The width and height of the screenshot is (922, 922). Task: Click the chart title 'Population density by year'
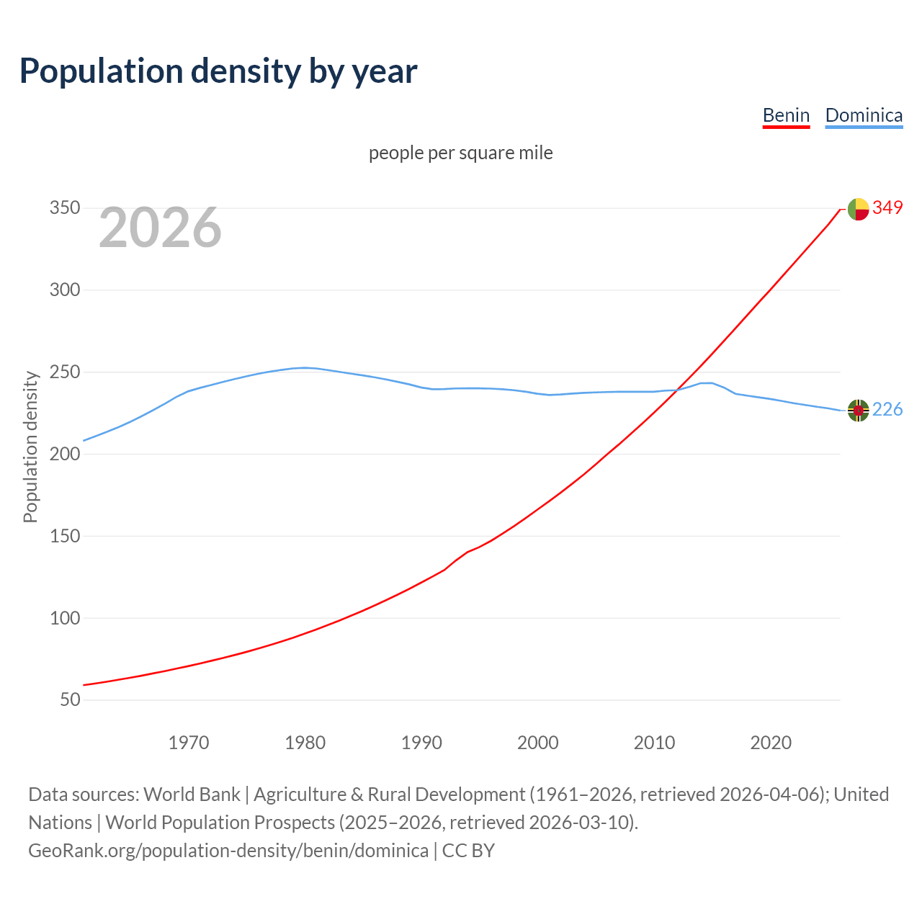tap(218, 71)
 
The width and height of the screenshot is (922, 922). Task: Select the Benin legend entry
tap(786, 115)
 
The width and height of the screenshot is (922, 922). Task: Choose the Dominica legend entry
tap(864, 115)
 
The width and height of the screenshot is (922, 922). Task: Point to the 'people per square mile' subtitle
tap(461, 153)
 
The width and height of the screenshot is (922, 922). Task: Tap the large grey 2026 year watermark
tap(160, 228)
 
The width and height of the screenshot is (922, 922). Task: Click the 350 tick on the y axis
tap(65, 208)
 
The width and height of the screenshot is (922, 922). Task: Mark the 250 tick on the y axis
tap(65, 372)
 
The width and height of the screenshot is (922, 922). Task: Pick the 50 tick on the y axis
tap(70, 700)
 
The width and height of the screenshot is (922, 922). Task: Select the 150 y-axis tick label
tap(65, 536)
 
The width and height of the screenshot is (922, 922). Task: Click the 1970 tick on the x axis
tap(189, 743)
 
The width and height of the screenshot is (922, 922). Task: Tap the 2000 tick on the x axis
tap(538, 743)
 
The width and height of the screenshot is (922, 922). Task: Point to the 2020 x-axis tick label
tap(771, 743)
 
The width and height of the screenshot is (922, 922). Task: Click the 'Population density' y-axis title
tap(30, 447)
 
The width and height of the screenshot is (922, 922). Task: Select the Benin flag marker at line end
tap(858, 209)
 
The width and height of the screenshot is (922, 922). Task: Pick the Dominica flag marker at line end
tap(858, 411)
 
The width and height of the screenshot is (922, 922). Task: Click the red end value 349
tap(887, 207)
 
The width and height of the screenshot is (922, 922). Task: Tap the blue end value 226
tap(887, 410)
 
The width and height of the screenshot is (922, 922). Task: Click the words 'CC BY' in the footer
tap(468, 851)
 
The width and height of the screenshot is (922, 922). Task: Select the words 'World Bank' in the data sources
tap(192, 795)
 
